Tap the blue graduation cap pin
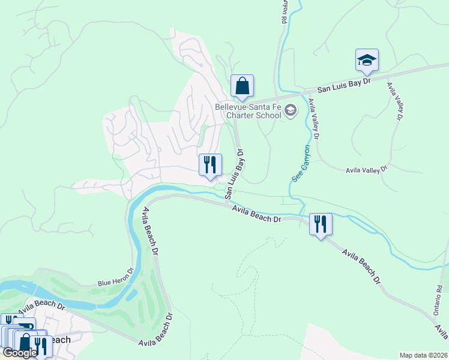367,60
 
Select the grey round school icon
291,110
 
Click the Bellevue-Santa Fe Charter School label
248,112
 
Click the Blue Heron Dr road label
114,277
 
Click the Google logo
19,353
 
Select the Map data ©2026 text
423,355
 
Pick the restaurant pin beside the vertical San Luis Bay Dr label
210,165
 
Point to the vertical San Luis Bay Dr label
235,174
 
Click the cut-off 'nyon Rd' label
285,11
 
